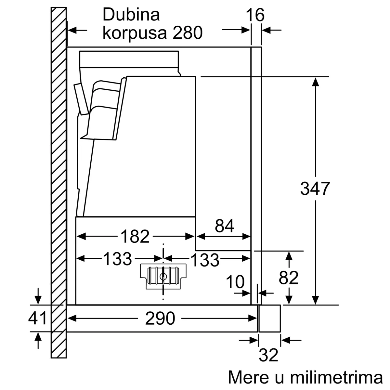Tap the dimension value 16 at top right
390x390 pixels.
click(255, 15)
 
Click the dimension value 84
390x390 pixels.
click(224, 226)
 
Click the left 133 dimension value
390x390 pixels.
click(117, 259)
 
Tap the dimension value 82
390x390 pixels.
click(289, 278)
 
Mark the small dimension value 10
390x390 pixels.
click(235, 282)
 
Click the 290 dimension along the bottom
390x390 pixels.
click(160, 318)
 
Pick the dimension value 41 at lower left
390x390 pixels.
click(38, 318)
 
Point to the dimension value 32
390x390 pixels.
click(269, 355)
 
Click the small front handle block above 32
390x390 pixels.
click(269, 318)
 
